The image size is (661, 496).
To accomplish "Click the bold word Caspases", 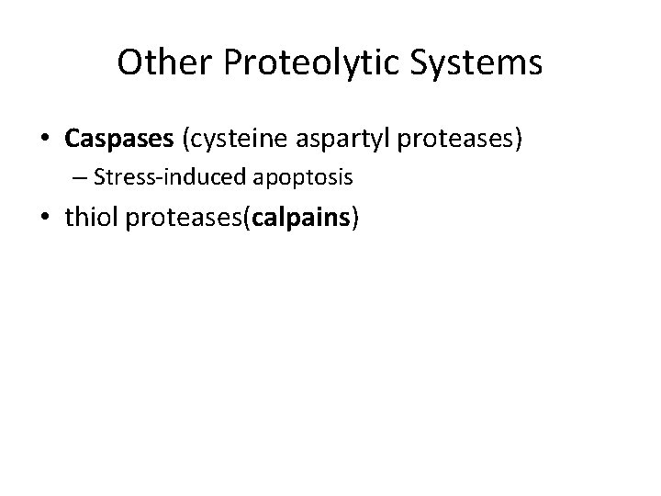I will (121, 139).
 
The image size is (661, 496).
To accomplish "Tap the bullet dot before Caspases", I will (45, 140).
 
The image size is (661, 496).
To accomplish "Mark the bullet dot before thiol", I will (45, 219).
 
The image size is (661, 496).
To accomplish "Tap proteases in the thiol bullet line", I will (183, 218).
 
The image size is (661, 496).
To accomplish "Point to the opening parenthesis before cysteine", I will (188, 140).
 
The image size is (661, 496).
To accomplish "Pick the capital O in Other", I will (129, 63).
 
